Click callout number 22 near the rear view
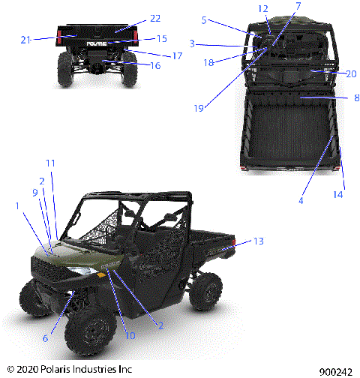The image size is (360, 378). tap(155, 17)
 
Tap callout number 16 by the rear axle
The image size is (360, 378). tap(155, 66)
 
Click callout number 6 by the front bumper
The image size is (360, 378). tap(45, 338)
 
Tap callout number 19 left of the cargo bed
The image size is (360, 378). tap(197, 108)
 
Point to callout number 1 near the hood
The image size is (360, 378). tap(17, 205)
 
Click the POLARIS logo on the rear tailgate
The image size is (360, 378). tap(95, 44)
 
